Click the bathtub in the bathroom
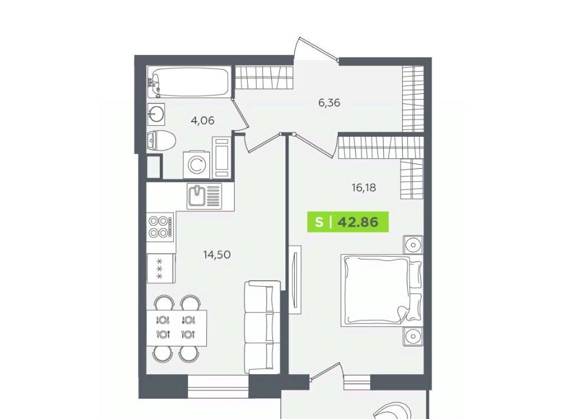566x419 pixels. (189, 82)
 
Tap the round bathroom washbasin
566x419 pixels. (156, 114)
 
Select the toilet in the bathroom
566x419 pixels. (162, 140)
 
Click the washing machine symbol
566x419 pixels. (196, 165)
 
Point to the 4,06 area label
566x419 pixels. (202, 120)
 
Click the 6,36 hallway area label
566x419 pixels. (329, 103)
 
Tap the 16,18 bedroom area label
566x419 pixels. (364, 188)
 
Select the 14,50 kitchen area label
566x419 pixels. (217, 255)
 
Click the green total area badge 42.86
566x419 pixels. (348, 221)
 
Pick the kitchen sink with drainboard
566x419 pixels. (204, 196)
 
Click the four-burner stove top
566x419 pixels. (160, 227)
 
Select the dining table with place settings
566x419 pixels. (176, 328)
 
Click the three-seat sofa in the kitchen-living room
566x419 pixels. (262, 327)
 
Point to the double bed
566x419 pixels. (381, 290)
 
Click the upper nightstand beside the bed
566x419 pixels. (413, 245)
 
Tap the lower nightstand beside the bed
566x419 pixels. (413, 336)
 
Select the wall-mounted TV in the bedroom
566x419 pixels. (295, 280)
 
